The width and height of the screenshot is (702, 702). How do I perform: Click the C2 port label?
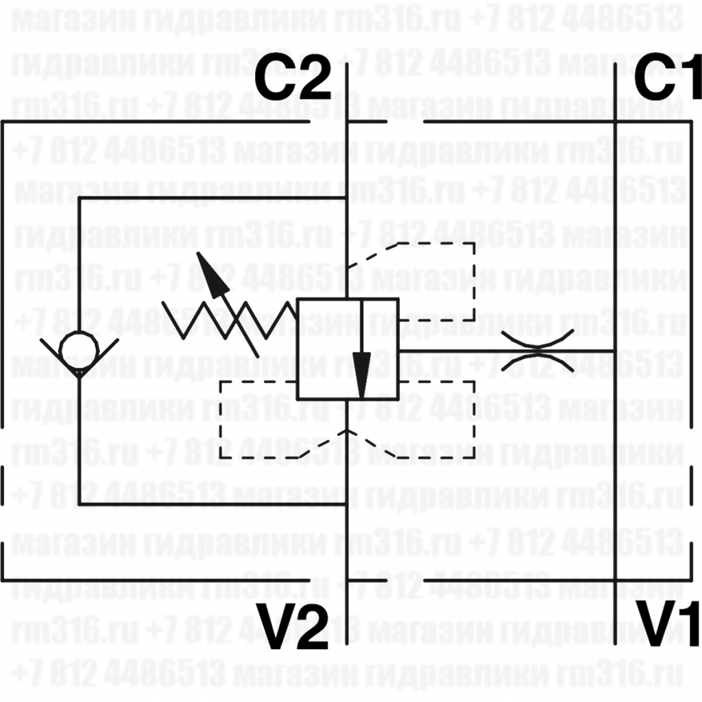pyautogui.click(x=293, y=81)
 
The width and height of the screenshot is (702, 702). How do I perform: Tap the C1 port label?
pyautogui.click(x=666, y=80)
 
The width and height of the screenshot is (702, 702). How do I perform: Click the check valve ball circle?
pyautogui.click(x=79, y=350)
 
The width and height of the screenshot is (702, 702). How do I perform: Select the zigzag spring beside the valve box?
pyautogui.click(x=233, y=321)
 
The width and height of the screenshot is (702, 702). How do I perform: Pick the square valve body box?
pyautogui.click(x=347, y=350)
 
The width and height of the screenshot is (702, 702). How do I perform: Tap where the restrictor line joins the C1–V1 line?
pyautogui.click(x=616, y=350)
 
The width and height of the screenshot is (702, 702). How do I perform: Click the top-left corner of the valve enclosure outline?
pyautogui.click(x=3, y=123)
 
